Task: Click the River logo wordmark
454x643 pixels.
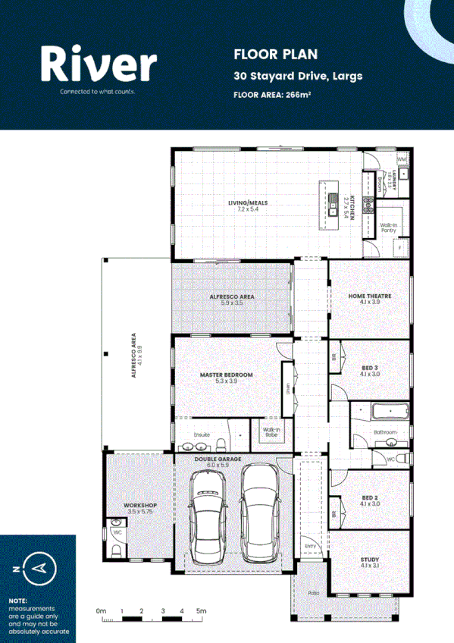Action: pyautogui.click(x=99, y=64)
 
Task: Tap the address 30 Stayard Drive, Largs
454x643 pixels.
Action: pyautogui.click(x=298, y=76)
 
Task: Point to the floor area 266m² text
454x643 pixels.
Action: pyautogui.click(x=272, y=95)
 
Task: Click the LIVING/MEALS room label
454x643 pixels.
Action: pyautogui.click(x=248, y=203)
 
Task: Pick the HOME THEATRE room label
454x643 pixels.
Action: pyautogui.click(x=369, y=296)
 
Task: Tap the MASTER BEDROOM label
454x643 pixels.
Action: pyautogui.click(x=226, y=375)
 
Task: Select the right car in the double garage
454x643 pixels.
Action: pyautogui.click(x=260, y=516)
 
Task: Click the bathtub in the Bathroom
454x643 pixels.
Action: pyautogui.click(x=390, y=413)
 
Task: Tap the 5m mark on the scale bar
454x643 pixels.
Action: pyautogui.click(x=202, y=610)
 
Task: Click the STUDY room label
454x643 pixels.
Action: pyautogui.click(x=370, y=560)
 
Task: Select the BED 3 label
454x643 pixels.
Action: pyautogui.click(x=370, y=368)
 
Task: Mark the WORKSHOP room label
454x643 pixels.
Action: pyautogui.click(x=139, y=505)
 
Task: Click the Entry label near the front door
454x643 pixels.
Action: pyautogui.click(x=310, y=545)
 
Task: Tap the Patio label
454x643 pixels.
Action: pyautogui.click(x=312, y=593)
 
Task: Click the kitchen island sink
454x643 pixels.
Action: pyautogui.click(x=332, y=202)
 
